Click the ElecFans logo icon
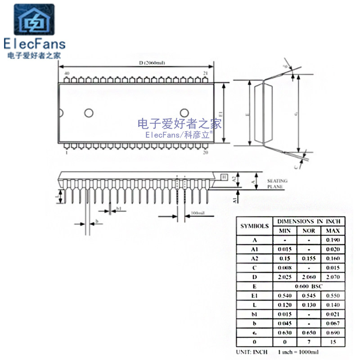[x=34, y=21]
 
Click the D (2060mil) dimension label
[x=149, y=63]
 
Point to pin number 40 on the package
[x=67, y=73]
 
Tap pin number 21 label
[x=205, y=73]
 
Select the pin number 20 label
[x=205, y=153]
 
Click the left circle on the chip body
[x=89, y=113]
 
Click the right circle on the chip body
[x=184, y=113]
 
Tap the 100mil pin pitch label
[x=198, y=212]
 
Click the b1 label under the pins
[x=119, y=209]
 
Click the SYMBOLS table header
[x=254, y=226]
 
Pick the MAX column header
[x=333, y=231]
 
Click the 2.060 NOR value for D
[x=308, y=277]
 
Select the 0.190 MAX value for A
[x=333, y=240]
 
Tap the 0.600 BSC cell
[x=309, y=286]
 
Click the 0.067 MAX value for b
[x=333, y=323]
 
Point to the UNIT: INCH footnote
[x=252, y=351]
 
